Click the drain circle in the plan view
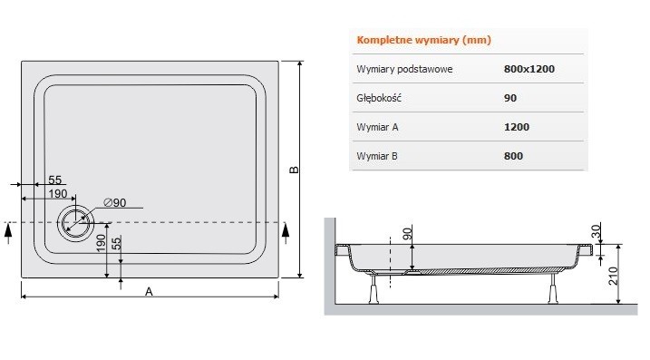click(74, 222)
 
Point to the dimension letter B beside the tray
click(293, 170)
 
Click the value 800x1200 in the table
click(529, 69)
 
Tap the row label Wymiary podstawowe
click(405, 69)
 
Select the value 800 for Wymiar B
click(512, 156)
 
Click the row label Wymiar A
click(379, 127)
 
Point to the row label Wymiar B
click(379, 156)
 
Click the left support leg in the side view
click(371, 288)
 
